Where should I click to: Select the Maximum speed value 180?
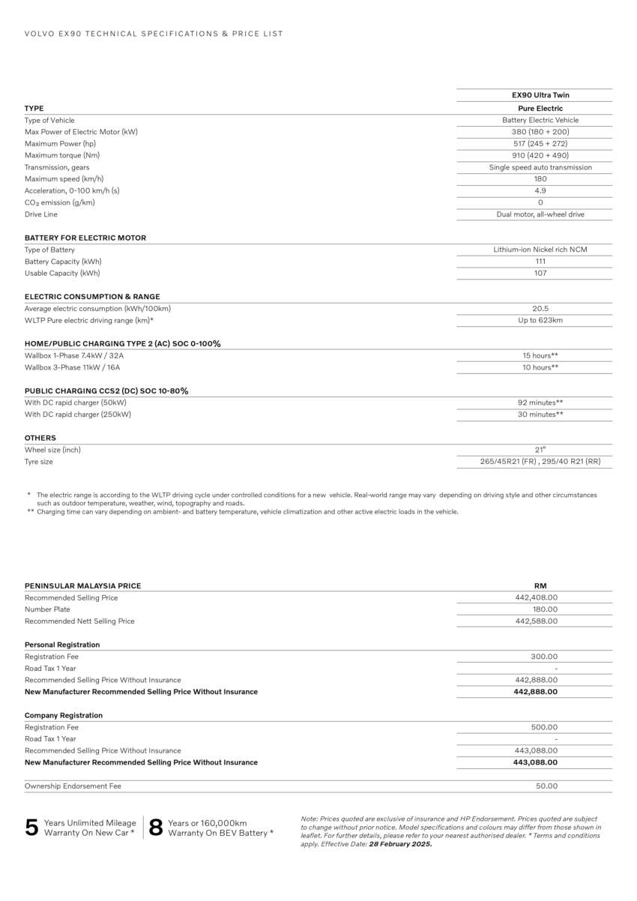(540, 179)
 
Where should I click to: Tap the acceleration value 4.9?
(540, 191)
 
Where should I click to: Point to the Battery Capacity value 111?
(540, 262)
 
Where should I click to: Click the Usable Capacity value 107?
(540, 274)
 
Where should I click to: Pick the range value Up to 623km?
(540, 321)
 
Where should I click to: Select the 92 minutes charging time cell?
(540, 403)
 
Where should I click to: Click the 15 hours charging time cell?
(540, 356)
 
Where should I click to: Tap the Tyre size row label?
(39, 462)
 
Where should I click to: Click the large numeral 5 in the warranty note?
(31, 828)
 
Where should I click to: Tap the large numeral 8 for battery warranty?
(156, 828)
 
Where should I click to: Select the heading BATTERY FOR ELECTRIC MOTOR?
(85, 238)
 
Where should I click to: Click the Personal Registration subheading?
(62, 645)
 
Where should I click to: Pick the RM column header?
(540, 586)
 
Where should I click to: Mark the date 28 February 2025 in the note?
(400, 844)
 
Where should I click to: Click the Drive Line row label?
(41, 214)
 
